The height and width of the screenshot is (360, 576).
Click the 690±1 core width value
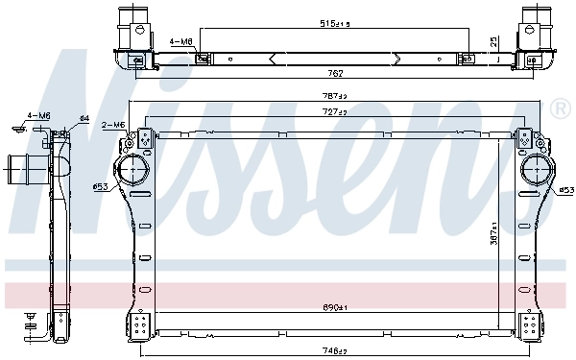tap(334, 308)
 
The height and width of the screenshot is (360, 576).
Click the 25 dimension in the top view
tap(493, 41)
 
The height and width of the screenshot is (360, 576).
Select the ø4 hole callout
tap(84, 118)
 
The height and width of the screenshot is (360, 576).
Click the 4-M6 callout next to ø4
tap(38, 115)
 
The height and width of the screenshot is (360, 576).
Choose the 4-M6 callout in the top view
tap(180, 42)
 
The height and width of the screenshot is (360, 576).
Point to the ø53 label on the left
tap(99, 185)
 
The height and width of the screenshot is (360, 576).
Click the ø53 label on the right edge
tap(566, 189)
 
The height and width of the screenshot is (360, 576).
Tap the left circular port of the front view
tap(132, 173)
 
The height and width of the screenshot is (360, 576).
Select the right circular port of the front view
tap(534, 173)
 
